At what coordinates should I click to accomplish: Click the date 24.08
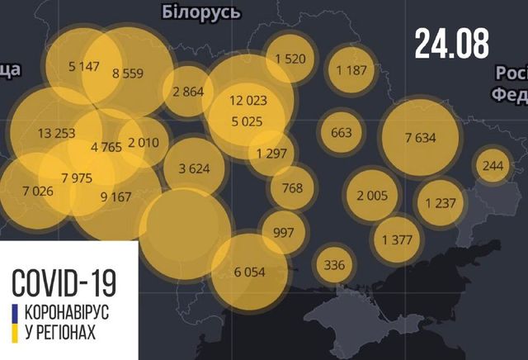click(x=452, y=43)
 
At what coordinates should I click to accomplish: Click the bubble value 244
click(x=493, y=167)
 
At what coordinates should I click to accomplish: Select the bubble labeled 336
click(x=334, y=265)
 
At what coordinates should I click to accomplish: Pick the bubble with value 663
click(x=341, y=132)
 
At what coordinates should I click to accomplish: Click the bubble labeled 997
click(x=283, y=232)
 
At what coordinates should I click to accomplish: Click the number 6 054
click(x=250, y=271)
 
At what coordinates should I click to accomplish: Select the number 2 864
click(x=188, y=92)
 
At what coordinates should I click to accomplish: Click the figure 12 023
click(x=248, y=102)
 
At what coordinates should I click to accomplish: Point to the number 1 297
click(x=271, y=153)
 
